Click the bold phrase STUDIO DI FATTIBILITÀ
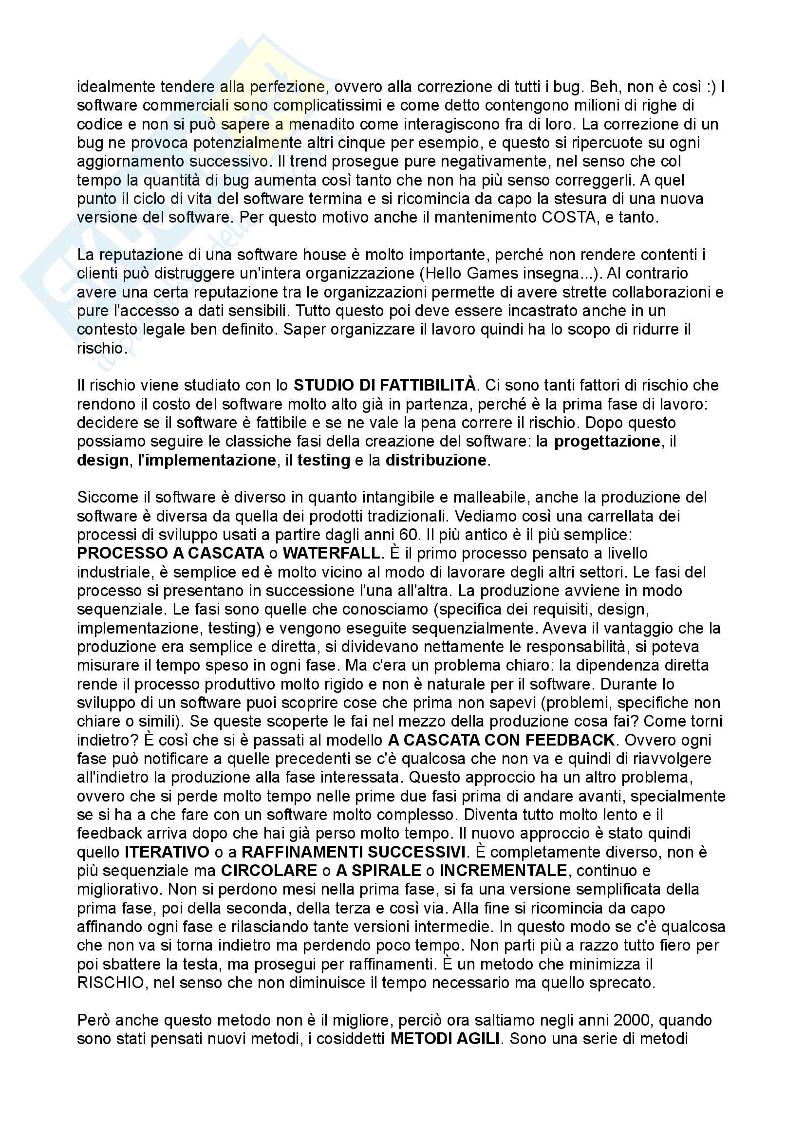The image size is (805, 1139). point(384,386)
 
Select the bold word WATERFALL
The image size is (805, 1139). point(331,553)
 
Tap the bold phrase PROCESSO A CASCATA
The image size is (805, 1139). point(170,553)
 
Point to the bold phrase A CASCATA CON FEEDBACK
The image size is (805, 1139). point(501,740)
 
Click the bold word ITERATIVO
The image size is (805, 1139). point(167,852)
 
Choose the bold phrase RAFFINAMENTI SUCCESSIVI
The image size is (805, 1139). point(353,852)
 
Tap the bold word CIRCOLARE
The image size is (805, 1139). point(268,871)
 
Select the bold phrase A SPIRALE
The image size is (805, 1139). point(378,871)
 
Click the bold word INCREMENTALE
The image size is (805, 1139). point(503,871)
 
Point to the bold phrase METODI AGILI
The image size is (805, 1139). point(445,1039)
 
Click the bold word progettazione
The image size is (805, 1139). point(607,442)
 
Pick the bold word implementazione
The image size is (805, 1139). point(210,460)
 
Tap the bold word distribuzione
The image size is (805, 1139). point(435,460)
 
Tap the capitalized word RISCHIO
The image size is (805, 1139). point(110,983)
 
